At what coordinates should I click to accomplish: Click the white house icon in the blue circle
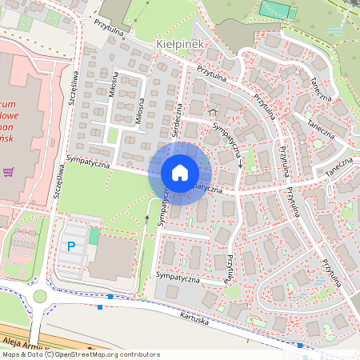tap(180, 173)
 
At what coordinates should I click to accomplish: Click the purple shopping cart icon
tap(9, 170)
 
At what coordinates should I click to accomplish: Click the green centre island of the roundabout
tap(40, 297)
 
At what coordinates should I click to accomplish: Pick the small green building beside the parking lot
tap(94, 237)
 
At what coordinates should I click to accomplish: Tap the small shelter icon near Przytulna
tap(213, 106)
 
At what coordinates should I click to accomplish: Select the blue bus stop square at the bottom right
tap(299, 346)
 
